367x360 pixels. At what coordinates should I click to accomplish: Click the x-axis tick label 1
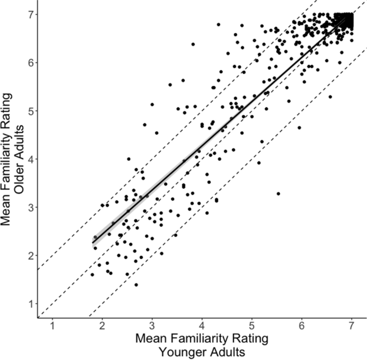53,327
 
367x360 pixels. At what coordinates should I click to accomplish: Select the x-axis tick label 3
152,327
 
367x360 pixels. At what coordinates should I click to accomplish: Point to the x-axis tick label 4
202,327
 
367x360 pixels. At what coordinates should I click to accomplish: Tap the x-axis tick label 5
252,327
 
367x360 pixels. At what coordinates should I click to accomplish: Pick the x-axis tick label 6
302,327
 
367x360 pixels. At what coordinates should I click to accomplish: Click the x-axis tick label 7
351,327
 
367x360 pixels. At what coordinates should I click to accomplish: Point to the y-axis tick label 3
30,207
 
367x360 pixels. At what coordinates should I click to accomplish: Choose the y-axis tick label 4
30,159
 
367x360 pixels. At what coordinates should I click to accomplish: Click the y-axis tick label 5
30,111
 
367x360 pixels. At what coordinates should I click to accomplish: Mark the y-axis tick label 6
30,63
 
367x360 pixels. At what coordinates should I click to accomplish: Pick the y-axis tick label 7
30,14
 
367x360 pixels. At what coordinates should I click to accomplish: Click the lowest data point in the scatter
136,285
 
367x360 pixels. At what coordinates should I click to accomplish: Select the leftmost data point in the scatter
92,275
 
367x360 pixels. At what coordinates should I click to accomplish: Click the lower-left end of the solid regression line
93,243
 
